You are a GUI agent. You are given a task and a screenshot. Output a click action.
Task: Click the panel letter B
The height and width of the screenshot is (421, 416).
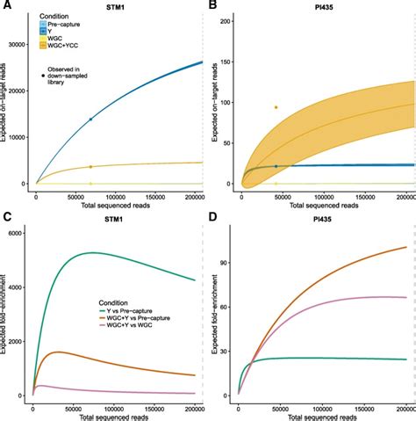point(215,6)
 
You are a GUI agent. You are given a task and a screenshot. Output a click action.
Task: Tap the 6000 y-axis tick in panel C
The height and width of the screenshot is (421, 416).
point(22,231)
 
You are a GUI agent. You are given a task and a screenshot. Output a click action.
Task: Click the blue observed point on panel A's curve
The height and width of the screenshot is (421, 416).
point(90,120)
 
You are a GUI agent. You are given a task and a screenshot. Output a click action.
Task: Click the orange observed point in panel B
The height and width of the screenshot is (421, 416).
point(276,107)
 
